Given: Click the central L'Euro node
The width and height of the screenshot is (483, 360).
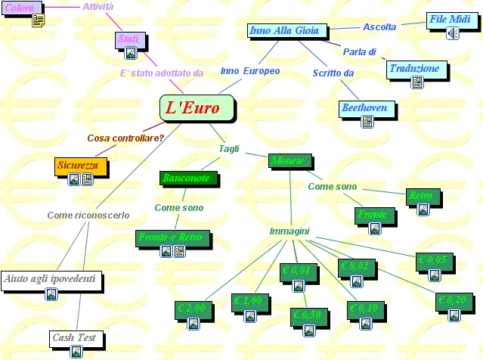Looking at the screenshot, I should point(193,107).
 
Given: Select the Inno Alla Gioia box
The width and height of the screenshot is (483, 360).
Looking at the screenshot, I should point(287,31).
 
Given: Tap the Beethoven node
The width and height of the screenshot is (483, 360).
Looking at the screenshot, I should point(365,108).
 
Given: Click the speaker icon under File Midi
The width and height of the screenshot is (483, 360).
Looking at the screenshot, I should point(452,33).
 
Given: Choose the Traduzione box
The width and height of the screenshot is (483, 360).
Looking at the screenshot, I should point(413,69).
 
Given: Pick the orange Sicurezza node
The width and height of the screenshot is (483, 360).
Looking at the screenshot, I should point(76,165).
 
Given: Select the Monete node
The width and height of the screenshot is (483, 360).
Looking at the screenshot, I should point(289,160).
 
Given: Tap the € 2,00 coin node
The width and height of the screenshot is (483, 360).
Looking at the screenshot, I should point(191,309).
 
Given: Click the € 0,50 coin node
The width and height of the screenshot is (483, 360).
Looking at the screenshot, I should point(308,315).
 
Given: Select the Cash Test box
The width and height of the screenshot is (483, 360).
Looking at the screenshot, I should point(75,337).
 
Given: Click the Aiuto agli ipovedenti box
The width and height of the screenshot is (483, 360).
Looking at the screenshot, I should point(51,280).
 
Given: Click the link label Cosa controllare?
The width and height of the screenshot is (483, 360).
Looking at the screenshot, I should point(125,138).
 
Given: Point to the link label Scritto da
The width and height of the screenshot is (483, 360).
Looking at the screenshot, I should point(333,73).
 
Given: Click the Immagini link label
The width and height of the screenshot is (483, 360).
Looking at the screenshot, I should point(289,231).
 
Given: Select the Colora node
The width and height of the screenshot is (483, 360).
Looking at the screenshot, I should point(20,8).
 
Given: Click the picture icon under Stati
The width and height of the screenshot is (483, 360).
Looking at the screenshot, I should point(131,53).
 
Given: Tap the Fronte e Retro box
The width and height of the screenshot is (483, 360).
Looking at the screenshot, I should point(171,237).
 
